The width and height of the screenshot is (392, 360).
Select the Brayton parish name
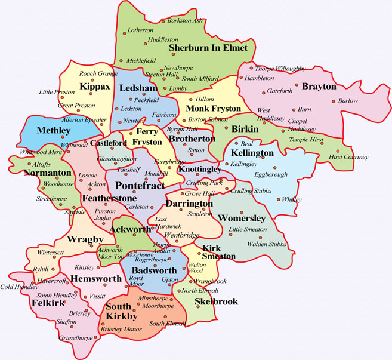[319, 86]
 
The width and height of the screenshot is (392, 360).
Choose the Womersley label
[242, 218]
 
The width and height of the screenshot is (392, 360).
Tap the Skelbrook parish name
[216, 301]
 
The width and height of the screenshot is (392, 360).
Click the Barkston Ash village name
[184, 20]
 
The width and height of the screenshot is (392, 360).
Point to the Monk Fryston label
[213, 109]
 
